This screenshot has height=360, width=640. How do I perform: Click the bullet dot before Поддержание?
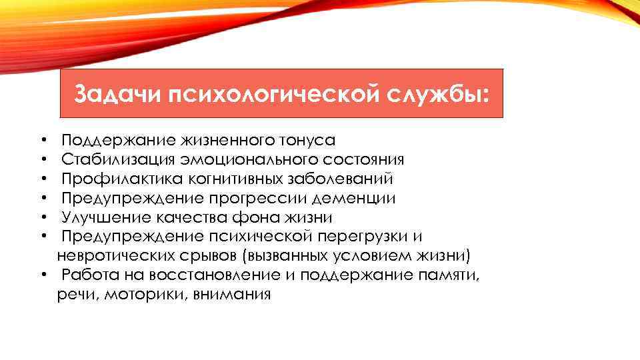(x=42, y=141)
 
